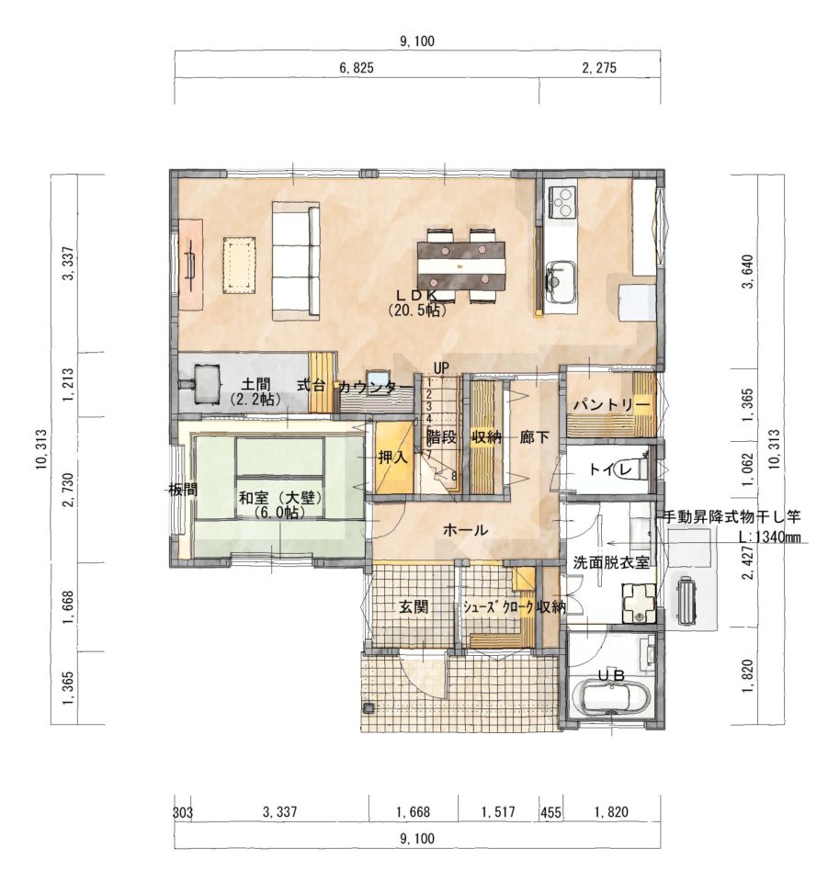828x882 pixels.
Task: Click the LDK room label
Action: [x=417, y=294]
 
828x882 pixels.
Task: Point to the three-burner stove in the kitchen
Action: [x=562, y=202]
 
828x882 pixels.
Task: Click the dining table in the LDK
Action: [x=461, y=265]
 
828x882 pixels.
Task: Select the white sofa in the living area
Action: [x=297, y=261]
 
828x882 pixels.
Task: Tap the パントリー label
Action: [x=611, y=405]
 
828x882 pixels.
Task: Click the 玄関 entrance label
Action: [x=414, y=606]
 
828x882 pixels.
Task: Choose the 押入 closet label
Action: [x=392, y=457]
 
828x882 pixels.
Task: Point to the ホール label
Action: [x=465, y=530]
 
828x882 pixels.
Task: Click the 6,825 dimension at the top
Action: [x=356, y=69]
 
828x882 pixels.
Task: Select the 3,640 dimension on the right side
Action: [x=747, y=271]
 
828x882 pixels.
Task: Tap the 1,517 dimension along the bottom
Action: [x=498, y=812]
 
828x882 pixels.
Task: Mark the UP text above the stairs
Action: [x=441, y=368]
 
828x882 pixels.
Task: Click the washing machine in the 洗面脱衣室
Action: [x=639, y=604]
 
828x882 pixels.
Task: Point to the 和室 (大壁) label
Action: [x=279, y=498]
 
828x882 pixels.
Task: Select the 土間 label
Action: [x=255, y=385]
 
